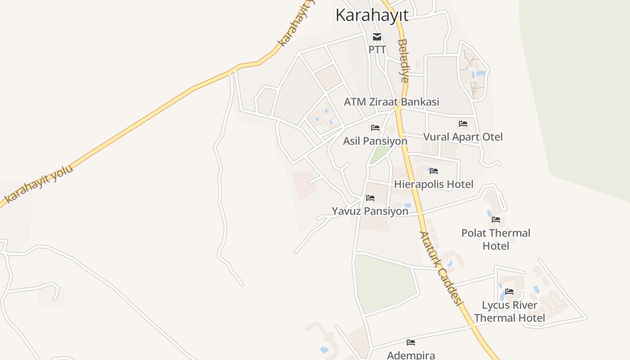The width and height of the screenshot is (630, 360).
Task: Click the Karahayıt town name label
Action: click(x=372, y=15)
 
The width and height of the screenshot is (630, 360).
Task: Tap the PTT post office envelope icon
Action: click(x=377, y=37)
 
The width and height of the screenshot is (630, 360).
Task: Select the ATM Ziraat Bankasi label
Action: click(x=391, y=102)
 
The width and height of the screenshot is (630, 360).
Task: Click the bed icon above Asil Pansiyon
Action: click(x=375, y=128)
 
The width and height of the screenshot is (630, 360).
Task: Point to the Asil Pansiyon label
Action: click(x=375, y=141)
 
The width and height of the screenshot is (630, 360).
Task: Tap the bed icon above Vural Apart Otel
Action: click(x=463, y=124)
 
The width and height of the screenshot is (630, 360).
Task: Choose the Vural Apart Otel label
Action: click(x=463, y=137)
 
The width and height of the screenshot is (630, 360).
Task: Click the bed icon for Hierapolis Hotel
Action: click(x=434, y=171)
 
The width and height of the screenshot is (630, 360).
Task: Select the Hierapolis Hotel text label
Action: click(x=433, y=184)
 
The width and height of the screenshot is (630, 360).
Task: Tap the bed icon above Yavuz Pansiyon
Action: click(x=370, y=198)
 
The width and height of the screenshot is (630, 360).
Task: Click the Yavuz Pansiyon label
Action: click(x=370, y=211)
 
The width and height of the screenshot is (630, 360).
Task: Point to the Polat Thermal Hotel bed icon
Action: click(x=496, y=220)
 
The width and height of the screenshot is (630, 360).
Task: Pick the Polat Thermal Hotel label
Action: click(x=495, y=239)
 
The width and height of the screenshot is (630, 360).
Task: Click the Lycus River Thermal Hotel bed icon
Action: click(x=509, y=292)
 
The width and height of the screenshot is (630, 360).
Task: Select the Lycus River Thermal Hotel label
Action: click(x=509, y=311)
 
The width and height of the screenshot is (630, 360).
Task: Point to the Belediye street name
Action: click(x=403, y=61)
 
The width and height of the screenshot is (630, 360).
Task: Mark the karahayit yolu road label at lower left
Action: click(x=39, y=184)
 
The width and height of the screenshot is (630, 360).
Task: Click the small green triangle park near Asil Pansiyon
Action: click(x=379, y=154)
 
